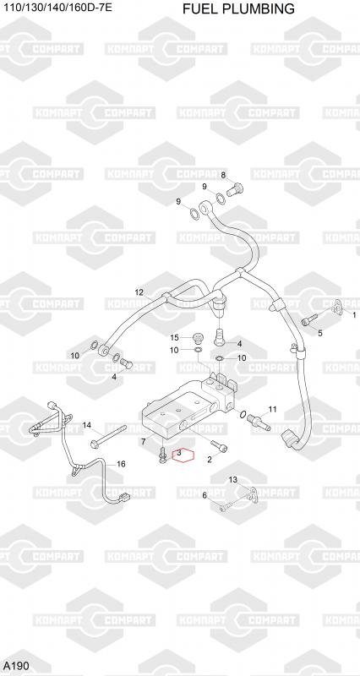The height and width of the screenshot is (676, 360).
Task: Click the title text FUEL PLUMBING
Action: [x=238, y=8]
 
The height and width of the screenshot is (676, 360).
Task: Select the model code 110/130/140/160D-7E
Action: [x=57, y=7]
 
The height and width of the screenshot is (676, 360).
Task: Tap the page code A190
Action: [x=15, y=666]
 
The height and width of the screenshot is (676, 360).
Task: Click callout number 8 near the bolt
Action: [x=223, y=175]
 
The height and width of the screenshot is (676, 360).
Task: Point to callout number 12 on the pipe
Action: [x=139, y=292]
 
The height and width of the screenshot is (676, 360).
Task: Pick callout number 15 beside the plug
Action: [x=174, y=337]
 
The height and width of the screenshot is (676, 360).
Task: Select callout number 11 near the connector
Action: [x=272, y=409]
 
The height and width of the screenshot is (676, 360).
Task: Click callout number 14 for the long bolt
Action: [x=87, y=426]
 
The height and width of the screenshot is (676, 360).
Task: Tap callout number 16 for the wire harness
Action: [x=121, y=464]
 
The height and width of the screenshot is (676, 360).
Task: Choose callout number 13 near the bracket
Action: [x=232, y=479]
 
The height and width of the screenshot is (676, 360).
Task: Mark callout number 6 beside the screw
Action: [x=205, y=495]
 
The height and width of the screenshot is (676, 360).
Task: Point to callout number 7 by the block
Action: [x=144, y=441]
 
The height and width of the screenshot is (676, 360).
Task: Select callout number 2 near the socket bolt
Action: [x=210, y=460]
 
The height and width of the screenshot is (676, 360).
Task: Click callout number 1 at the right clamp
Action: [x=354, y=315]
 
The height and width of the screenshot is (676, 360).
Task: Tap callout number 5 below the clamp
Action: [x=320, y=333]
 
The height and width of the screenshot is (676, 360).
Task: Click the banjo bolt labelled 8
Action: [x=235, y=189]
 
